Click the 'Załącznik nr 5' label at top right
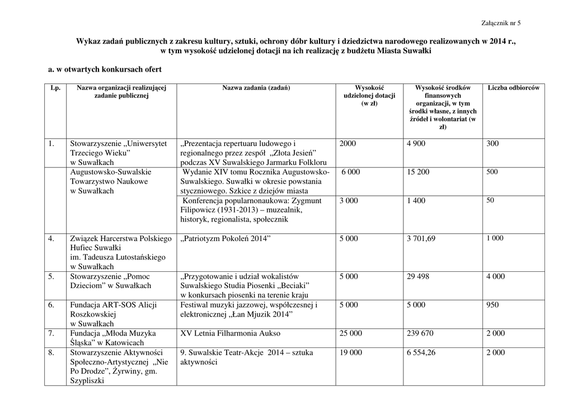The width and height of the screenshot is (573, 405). click(501, 23)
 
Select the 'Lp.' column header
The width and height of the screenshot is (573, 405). click(55, 88)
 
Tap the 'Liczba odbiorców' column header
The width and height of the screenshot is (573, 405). click(514, 88)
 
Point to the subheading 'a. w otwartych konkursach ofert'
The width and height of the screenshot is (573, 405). click(105, 69)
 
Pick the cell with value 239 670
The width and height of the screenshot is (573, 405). click(420, 333)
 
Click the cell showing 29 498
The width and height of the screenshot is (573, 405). click(418, 276)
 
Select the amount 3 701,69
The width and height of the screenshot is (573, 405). click(421, 238)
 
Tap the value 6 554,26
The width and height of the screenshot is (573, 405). click(421, 352)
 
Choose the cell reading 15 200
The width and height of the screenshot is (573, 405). click(418, 172)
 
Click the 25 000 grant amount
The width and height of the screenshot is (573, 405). click(351, 333)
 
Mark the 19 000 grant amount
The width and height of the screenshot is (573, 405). click(351, 352)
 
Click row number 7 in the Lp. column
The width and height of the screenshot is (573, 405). click(51, 333)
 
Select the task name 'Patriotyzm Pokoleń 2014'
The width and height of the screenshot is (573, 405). click(226, 238)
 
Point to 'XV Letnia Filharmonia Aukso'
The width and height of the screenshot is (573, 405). click(231, 333)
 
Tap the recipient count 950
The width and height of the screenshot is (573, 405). click(492, 305)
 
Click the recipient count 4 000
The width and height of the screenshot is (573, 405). click(495, 276)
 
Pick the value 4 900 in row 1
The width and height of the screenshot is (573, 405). click(416, 144)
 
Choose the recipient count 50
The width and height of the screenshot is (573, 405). click(490, 200)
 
